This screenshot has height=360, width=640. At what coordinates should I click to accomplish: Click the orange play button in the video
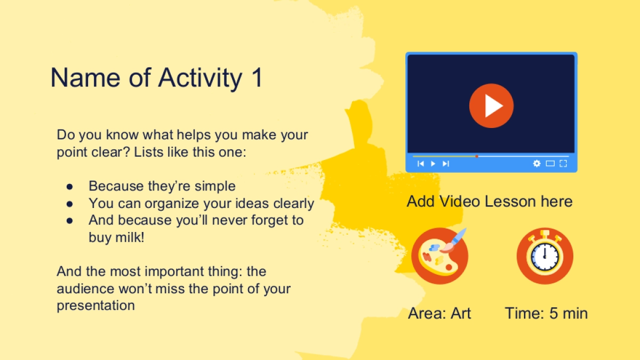pos(491,106)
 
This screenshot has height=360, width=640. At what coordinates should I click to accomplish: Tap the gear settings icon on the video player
pos(537,163)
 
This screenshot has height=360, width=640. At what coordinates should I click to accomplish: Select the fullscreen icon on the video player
pos(563,163)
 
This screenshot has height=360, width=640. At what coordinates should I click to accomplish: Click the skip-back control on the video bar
pos(421,164)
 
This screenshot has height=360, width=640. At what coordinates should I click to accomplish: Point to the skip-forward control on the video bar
pos(446,164)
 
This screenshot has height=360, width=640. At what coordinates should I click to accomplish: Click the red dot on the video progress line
pos(477,156)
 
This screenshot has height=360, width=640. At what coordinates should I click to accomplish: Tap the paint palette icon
pos(439,255)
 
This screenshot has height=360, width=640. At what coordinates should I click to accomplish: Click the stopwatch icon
pos(545,255)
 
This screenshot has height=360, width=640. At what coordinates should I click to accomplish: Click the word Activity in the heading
pos(201,78)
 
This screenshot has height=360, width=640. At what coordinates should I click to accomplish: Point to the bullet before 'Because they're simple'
pos(69,187)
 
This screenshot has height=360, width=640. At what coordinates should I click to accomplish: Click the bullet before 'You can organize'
pos(69,204)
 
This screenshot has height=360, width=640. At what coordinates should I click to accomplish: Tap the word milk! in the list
pos(130,237)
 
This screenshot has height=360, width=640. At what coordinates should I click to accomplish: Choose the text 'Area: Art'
pos(439,313)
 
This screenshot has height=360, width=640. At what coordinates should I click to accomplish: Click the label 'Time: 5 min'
pos(546,313)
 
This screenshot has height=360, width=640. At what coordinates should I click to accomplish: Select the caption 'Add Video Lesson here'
pos(490,202)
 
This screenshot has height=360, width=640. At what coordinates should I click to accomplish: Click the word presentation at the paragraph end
pos(95,306)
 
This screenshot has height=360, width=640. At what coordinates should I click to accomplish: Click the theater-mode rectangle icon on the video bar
pos(550,163)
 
